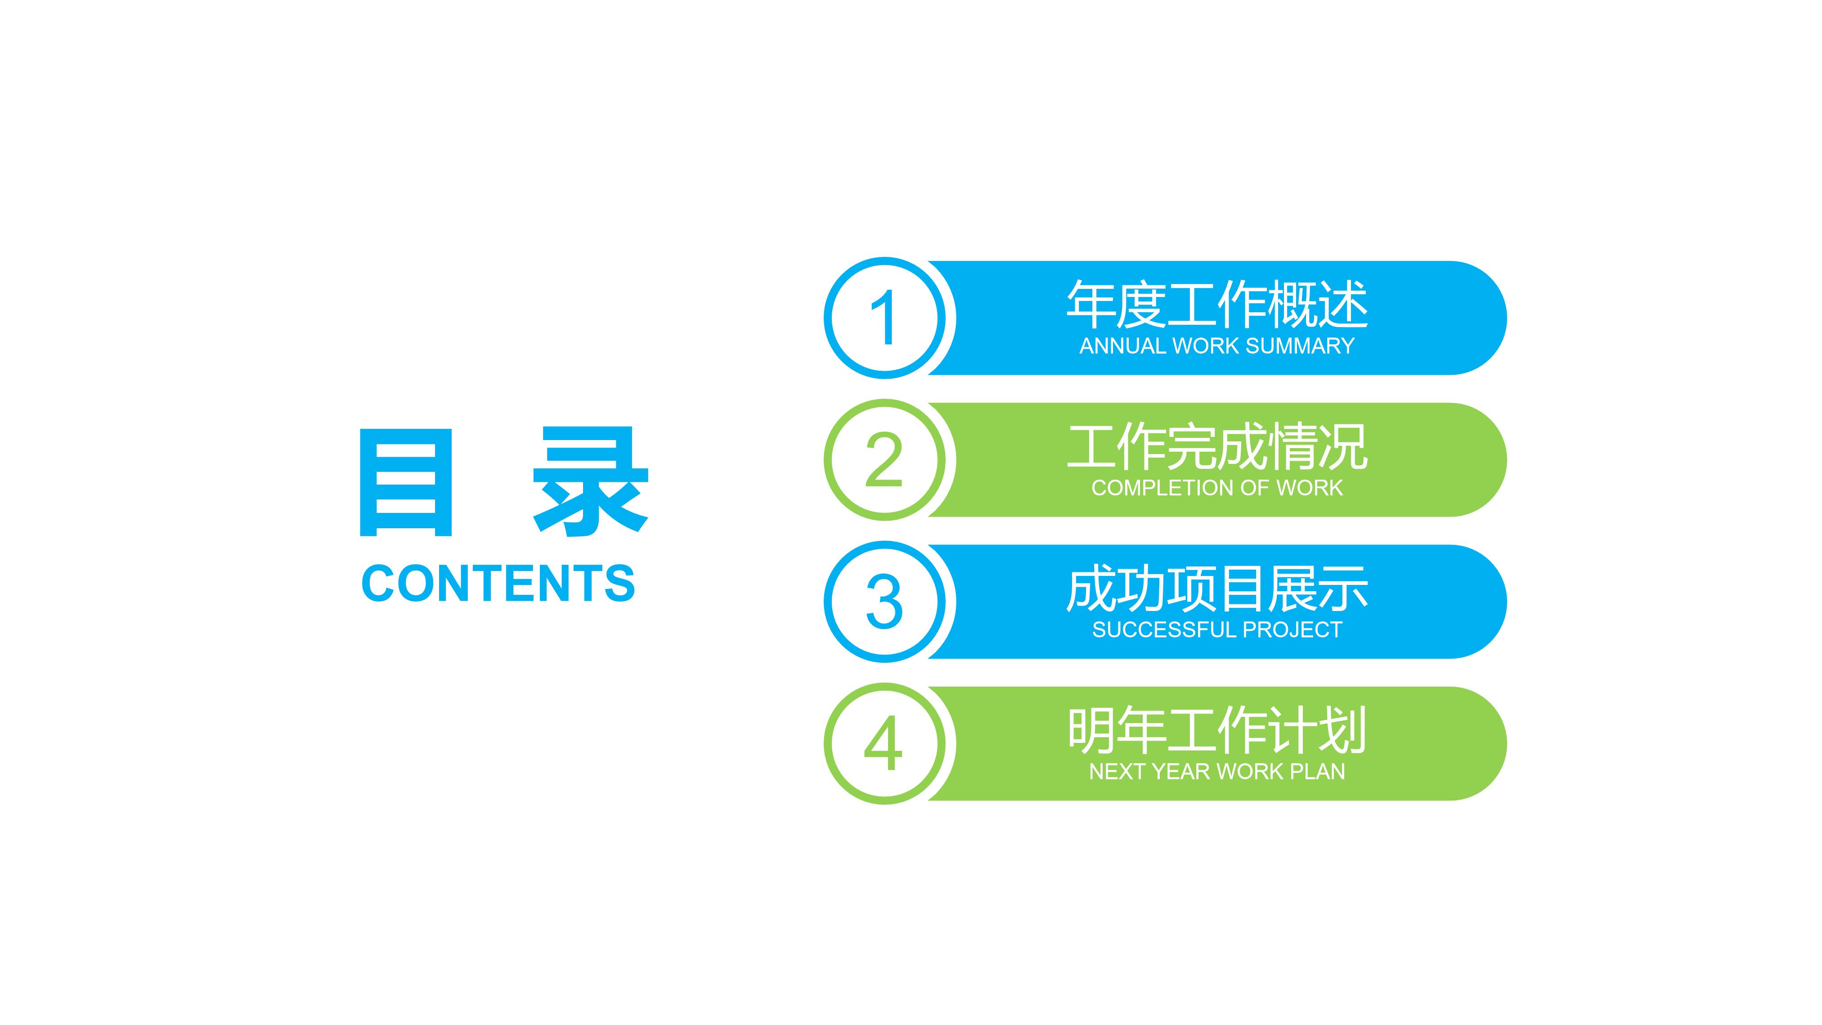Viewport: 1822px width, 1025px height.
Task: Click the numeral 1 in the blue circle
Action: pyautogui.click(x=884, y=318)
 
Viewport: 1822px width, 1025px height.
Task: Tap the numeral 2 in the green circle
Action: pyautogui.click(x=884, y=460)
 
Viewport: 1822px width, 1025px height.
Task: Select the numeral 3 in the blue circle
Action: pyautogui.click(x=884, y=602)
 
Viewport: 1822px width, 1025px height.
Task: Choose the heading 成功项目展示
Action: pyautogui.click(x=1216, y=589)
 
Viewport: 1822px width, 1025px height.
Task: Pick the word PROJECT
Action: pyautogui.click(x=1292, y=629)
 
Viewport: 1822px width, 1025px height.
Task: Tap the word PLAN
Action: pyautogui.click(x=1319, y=772)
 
